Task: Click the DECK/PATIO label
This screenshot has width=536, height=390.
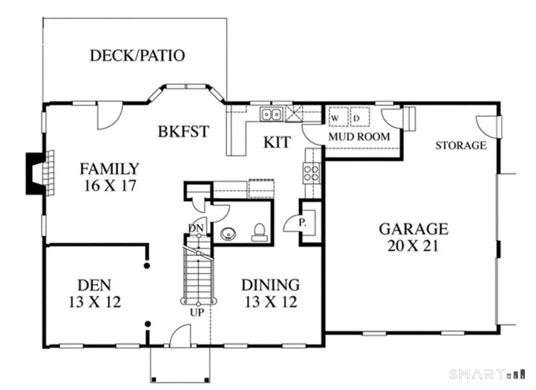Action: click(x=137, y=55)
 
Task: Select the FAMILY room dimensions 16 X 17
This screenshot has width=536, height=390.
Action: click(x=109, y=185)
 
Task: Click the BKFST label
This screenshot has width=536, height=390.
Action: click(x=183, y=131)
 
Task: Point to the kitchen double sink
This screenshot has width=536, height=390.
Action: click(x=272, y=113)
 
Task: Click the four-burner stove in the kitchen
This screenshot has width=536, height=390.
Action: click(x=311, y=173)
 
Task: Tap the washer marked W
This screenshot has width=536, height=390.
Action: click(x=336, y=118)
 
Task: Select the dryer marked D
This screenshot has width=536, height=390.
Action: click(x=359, y=118)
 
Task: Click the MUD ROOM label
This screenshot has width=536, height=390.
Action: click(x=359, y=137)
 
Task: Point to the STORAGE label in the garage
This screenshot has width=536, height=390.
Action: click(x=461, y=145)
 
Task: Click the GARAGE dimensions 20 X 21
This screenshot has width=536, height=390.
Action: click(x=413, y=245)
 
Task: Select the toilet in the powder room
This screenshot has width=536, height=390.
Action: click(x=259, y=232)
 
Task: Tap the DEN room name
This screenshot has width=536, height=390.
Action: click(x=94, y=285)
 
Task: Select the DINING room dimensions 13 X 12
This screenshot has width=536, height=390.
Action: click(x=270, y=302)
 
